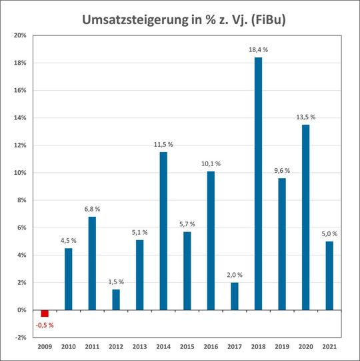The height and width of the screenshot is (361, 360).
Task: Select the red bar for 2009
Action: coord(45,314)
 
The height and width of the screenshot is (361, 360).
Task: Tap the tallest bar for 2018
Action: coord(259,184)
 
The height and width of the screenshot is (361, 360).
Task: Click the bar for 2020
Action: coord(306,218)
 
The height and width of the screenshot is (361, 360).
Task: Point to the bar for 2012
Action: coord(116,300)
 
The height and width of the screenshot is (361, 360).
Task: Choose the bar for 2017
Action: coord(235,296)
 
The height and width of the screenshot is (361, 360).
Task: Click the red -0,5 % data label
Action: coord(44,325)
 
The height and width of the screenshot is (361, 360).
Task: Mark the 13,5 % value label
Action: coord(306,117)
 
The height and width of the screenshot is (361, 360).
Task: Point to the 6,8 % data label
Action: coord(92,209)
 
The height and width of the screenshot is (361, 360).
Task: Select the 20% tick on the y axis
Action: coord(19,35)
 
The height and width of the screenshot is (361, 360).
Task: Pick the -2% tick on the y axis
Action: coord(19,338)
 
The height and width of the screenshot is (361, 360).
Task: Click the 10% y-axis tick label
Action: coord(19,173)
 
